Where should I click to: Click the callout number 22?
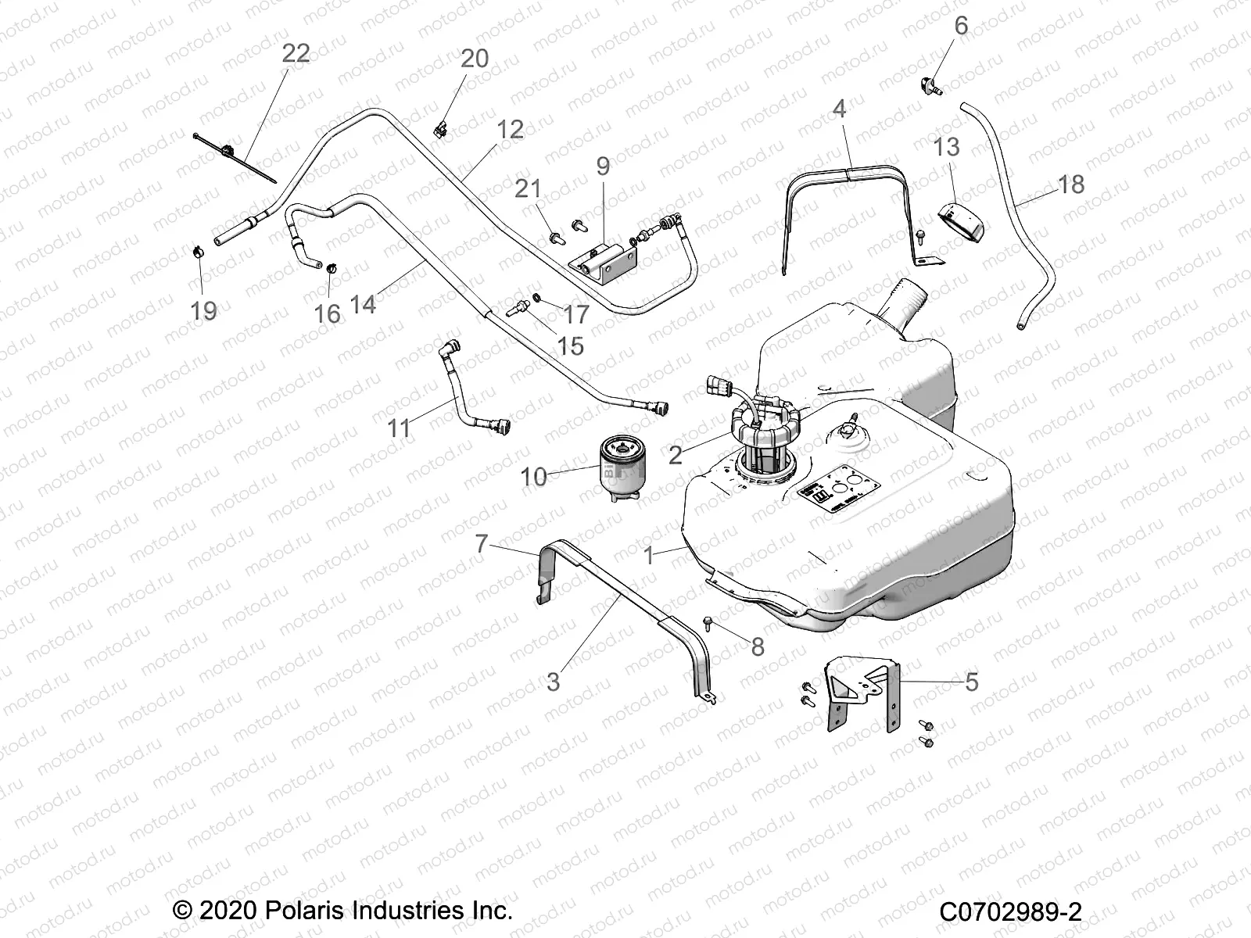(296, 53)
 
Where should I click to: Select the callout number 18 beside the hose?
(1070, 184)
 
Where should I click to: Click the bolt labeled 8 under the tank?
(708, 623)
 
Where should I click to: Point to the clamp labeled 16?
(331, 270)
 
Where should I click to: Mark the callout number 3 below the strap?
(553, 682)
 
